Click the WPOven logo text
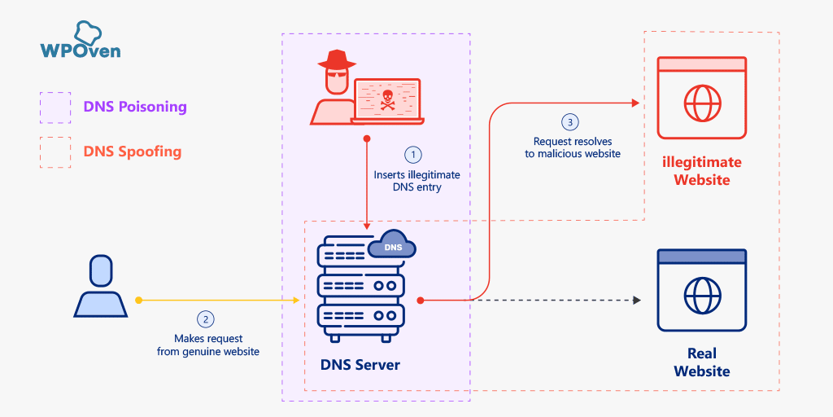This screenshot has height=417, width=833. click(80, 50)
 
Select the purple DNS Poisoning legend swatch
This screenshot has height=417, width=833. click(55, 107)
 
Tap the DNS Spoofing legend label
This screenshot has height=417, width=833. click(132, 151)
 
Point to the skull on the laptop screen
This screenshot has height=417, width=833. click(387, 100)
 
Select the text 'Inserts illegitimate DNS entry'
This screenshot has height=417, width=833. click(416, 181)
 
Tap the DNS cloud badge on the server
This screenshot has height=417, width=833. click(393, 246)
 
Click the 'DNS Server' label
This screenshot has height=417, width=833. click(360, 365)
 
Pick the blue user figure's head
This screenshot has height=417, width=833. click(101, 270)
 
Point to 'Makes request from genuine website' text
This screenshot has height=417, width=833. click(208, 345)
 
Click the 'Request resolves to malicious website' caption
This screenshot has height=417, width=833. click(572, 147)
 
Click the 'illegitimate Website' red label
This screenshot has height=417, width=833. click(701, 171)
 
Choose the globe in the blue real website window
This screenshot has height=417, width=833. click(701, 292)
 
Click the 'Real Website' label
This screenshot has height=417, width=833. click(701, 362)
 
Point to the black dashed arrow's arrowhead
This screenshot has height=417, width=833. click(636, 301)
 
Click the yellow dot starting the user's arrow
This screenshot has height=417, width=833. click(138, 301)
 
